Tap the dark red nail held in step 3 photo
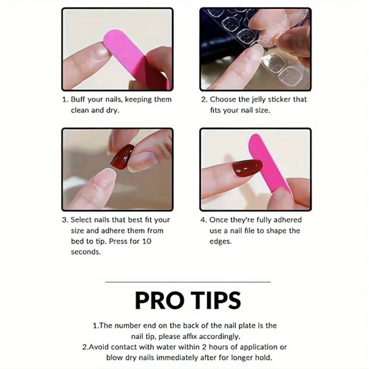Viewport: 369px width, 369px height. (122, 157)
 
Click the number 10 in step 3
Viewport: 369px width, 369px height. (147, 241)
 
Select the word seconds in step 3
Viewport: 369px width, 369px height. (86, 252)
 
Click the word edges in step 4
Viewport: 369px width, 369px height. (221, 242)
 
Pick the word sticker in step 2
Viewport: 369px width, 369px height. (280, 99)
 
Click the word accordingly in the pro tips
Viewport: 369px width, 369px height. (219, 337)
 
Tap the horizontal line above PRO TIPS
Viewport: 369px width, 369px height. (187, 282)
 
